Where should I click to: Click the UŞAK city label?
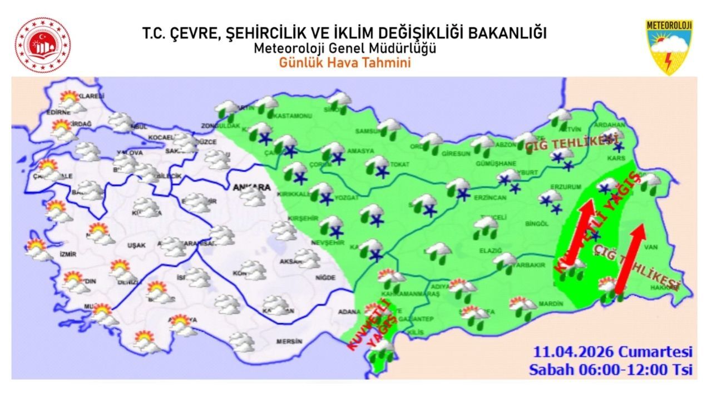click(x=136, y=245)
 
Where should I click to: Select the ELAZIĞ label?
click(x=490, y=251)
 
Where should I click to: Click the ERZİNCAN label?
click(x=489, y=198)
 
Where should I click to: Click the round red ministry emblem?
click(x=43, y=46)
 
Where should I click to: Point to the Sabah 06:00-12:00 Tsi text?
click(x=611, y=369)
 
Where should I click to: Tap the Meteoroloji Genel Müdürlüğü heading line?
click(x=345, y=48)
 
